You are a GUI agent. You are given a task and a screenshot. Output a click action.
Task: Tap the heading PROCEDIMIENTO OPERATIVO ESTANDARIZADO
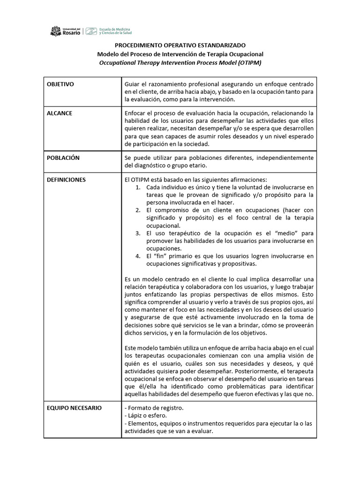point(180,46)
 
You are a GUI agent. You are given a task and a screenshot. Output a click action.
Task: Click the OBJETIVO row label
point(61,84)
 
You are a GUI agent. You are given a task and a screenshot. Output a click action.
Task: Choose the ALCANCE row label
point(60,113)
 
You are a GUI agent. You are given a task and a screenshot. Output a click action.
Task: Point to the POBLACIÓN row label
point(63,158)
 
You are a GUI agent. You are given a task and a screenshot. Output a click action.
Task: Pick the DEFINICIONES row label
point(66,180)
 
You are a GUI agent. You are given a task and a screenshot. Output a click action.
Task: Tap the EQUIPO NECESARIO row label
point(74,408)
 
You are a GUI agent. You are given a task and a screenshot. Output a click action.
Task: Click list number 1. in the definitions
point(137,187)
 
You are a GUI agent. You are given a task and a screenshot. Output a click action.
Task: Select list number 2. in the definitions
point(137,210)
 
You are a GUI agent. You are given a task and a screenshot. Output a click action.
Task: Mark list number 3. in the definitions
point(137,233)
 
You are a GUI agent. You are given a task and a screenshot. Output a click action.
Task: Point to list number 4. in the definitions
point(137,256)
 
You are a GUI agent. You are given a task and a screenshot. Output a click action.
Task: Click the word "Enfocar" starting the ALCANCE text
point(136,113)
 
